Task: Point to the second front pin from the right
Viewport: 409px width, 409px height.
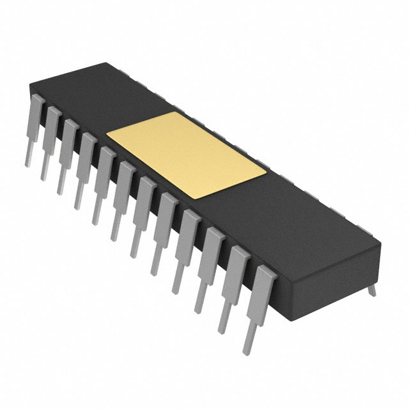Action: tap(234, 287)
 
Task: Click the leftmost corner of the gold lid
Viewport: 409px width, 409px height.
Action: tap(107, 135)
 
